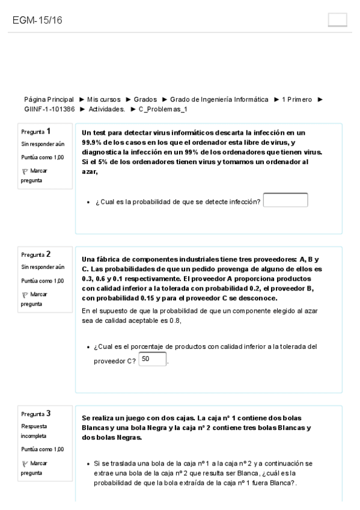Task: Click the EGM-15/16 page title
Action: tap(38, 20)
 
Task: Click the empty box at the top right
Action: tap(338, 20)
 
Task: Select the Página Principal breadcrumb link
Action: tap(49, 99)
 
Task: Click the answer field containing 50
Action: tap(151, 360)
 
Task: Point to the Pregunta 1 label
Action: tap(35, 131)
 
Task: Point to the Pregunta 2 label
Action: tap(35, 254)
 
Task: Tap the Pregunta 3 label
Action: tap(35, 413)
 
